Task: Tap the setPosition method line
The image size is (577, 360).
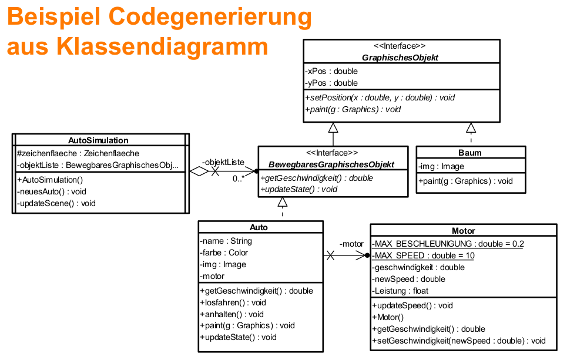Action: click(380, 97)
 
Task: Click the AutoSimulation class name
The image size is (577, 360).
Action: click(99, 140)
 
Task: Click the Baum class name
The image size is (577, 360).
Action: click(469, 153)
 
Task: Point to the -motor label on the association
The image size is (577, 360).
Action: click(351, 244)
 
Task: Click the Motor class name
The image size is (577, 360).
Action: click(464, 231)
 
